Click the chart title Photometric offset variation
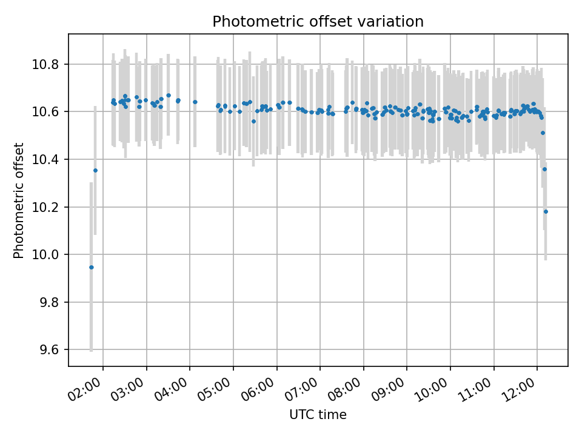click(x=318, y=22)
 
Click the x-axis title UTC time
click(x=318, y=415)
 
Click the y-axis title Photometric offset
click(x=19, y=200)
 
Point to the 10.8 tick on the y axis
click(x=50, y=64)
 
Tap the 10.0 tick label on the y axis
click(x=50, y=255)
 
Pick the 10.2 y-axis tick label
click(x=50, y=207)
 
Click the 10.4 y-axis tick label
click(x=50, y=160)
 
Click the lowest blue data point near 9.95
click(x=92, y=267)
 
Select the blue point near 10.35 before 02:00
click(x=95, y=170)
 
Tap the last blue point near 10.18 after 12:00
click(x=546, y=211)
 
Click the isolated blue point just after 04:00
click(x=195, y=102)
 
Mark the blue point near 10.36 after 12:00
click(x=544, y=169)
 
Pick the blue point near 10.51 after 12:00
click(x=543, y=133)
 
